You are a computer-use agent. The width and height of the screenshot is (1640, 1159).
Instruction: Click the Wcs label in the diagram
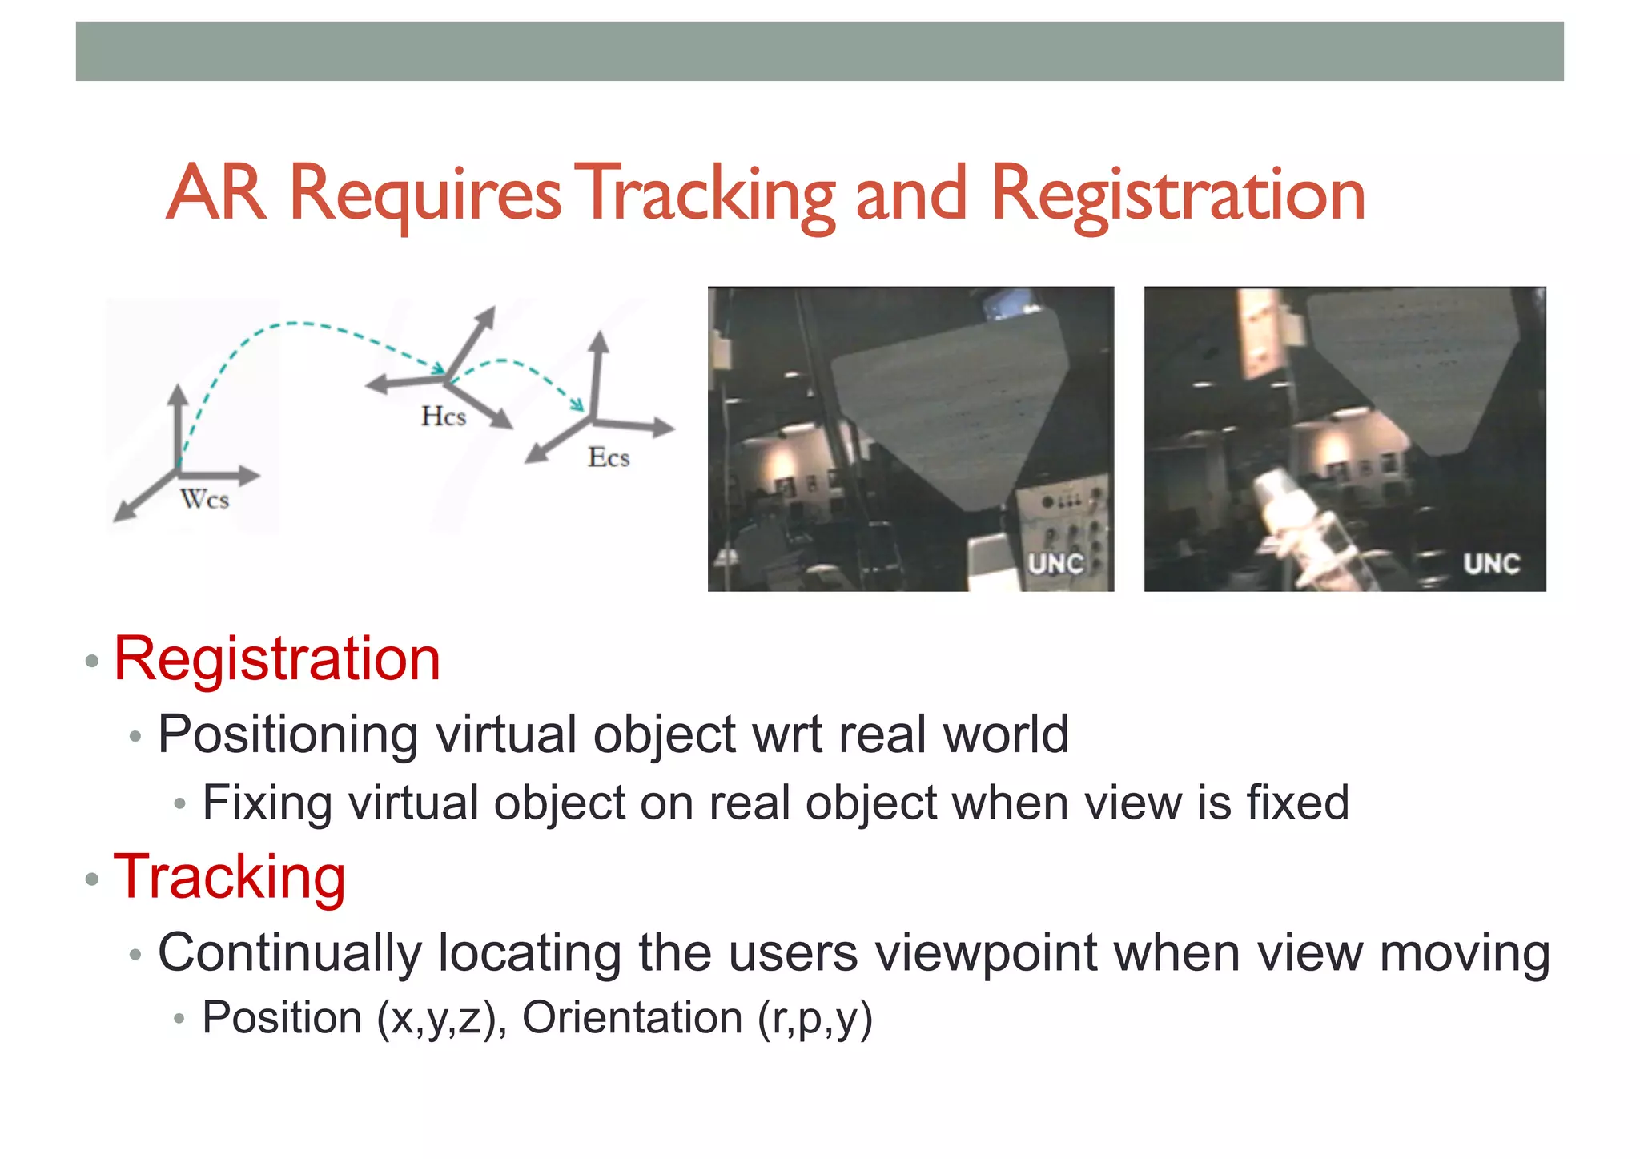point(205,500)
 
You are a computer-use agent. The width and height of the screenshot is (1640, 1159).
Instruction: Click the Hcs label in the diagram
point(444,417)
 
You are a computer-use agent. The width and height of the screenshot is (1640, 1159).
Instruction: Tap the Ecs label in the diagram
point(609,458)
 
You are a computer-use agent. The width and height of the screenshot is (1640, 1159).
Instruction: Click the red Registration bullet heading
point(277,659)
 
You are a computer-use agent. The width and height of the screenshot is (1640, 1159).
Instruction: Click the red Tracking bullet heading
point(230,878)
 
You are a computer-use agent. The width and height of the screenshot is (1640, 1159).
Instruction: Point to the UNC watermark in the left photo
point(1055,564)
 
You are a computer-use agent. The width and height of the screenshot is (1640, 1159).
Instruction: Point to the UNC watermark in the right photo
point(1491,564)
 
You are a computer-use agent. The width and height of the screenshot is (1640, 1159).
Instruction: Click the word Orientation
point(632,1017)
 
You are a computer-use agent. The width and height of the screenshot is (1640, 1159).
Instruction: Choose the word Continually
point(290,953)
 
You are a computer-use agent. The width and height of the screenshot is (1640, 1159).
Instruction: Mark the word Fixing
point(267,803)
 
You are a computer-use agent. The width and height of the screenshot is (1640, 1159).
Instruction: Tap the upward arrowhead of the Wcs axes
point(179,393)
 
